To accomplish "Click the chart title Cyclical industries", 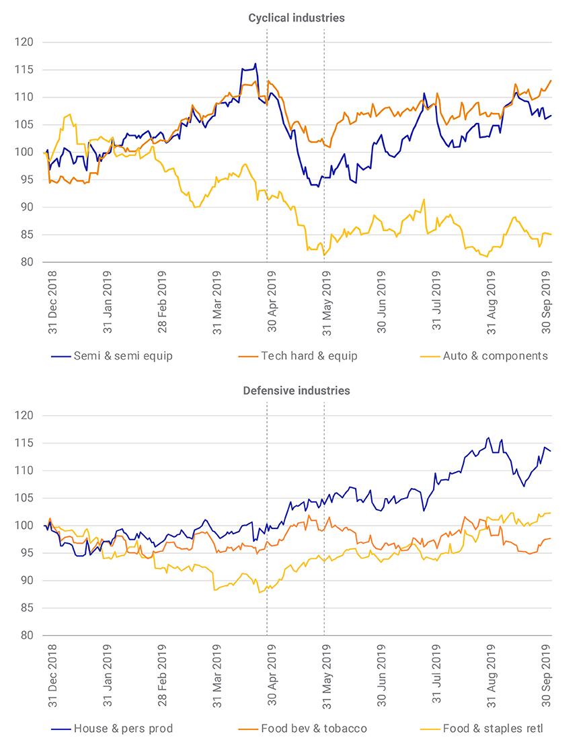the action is point(297,18).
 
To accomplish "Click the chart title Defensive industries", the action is point(297,391).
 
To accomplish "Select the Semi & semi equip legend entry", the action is point(112,356).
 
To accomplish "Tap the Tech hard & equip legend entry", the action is point(298,356).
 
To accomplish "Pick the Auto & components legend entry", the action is point(483,356).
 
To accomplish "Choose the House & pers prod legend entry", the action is point(112,729).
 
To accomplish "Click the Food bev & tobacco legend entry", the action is point(303,729).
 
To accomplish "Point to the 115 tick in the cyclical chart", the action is point(24,70).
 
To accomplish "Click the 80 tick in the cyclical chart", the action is point(27,262).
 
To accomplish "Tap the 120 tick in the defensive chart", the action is point(24,415).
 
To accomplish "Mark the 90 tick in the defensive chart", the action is point(27,581).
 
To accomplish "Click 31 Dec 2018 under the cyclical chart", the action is point(52,302).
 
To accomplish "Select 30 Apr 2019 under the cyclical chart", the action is point(272,301).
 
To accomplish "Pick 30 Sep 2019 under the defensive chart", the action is point(546,675).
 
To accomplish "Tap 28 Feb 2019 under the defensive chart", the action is point(162,675).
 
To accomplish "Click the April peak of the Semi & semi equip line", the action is point(256,63).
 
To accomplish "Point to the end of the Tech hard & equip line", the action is point(551,81).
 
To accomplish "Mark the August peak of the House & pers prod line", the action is point(488,438).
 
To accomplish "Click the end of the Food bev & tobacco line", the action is point(551,538).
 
